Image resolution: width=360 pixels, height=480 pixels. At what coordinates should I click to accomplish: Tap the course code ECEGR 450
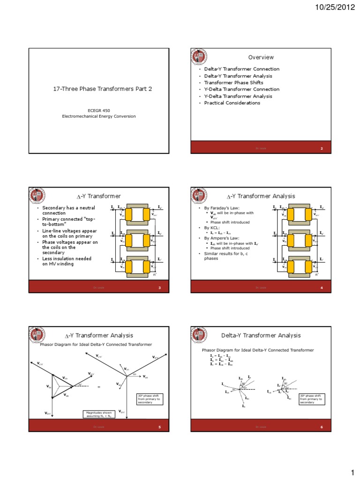tap(99, 110)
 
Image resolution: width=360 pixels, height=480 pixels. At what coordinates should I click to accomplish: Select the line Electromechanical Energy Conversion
tap(99, 116)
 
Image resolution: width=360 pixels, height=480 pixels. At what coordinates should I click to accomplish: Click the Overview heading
tap(261, 57)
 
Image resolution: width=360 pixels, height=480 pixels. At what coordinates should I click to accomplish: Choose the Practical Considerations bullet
tap(232, 103)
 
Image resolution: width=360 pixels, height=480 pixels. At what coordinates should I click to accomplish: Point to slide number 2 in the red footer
tap(322, 149)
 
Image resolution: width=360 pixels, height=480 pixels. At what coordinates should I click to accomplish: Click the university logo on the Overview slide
tap(198, 57)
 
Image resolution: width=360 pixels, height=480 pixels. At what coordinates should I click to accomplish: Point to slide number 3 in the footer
tap(159, 287)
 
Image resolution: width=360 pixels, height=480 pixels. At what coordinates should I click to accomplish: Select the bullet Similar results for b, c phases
tap(221, 256)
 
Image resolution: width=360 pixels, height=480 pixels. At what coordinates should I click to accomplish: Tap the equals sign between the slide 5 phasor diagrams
tap(99, 387)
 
